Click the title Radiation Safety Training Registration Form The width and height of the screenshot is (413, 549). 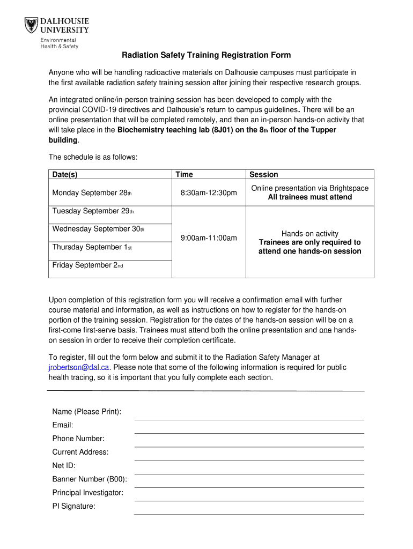pyautogui.click(x=206, y=55)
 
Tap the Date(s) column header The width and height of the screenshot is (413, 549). pyautogui.click(x=65, y=174)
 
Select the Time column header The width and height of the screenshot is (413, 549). pyautogui.click(x=184, y=174)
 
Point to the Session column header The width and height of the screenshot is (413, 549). pyautogui.click(x=263, y=174)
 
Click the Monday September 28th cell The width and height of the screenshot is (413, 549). pyautogui.click(x=92, y=193)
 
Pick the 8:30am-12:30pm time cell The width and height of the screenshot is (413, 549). pyautogui.click(x=208, y=193)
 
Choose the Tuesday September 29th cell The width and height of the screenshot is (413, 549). pyautogui.click(x=93, y=211)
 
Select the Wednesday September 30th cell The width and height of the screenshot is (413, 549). pyautogui.click(x=98, y=229)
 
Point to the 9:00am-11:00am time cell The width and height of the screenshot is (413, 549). pyautogui.click(x=208, y=238)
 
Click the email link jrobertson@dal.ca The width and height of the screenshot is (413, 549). pyautogui.click(x=79, y=368)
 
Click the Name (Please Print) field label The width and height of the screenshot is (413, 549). pyautogui.click(x=86, y=412)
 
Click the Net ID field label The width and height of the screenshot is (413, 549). pyautogui.click(x=64, y=466)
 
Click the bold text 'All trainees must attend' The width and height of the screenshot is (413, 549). pyautogui.click(x=309, y=197)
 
